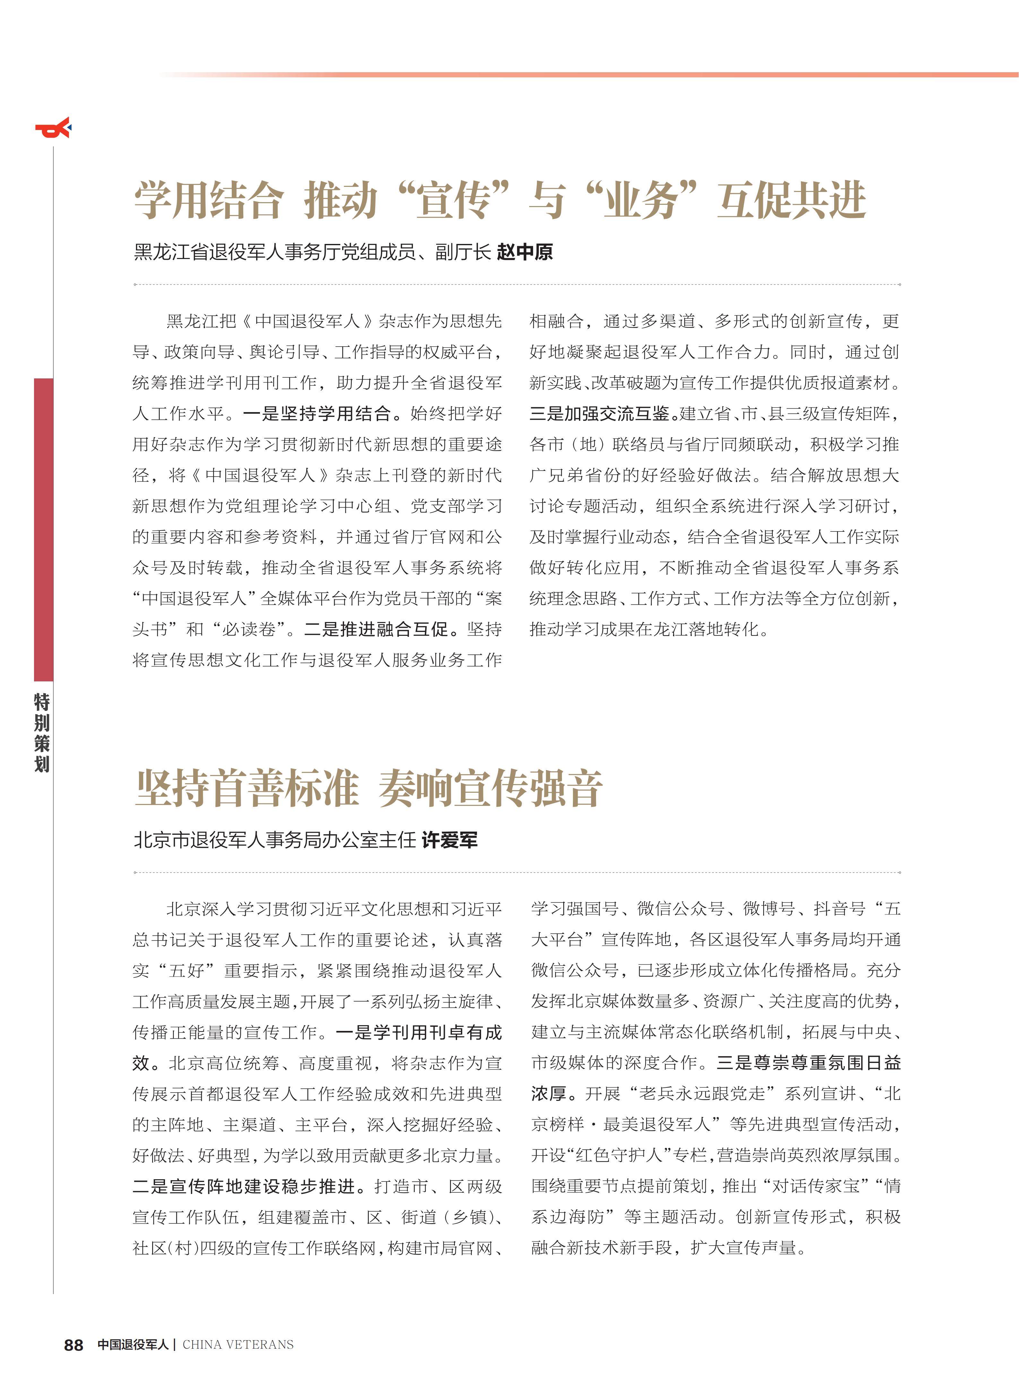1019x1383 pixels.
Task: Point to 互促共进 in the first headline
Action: click(x=792, y=201)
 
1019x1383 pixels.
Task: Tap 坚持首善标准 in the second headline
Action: click(x=247, y=788)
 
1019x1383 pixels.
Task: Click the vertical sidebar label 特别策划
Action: click(x=42, y=733)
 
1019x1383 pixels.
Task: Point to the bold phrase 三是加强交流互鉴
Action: click(x=600, y=414)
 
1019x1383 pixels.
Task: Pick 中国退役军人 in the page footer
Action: click(x=133, y=1345)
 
